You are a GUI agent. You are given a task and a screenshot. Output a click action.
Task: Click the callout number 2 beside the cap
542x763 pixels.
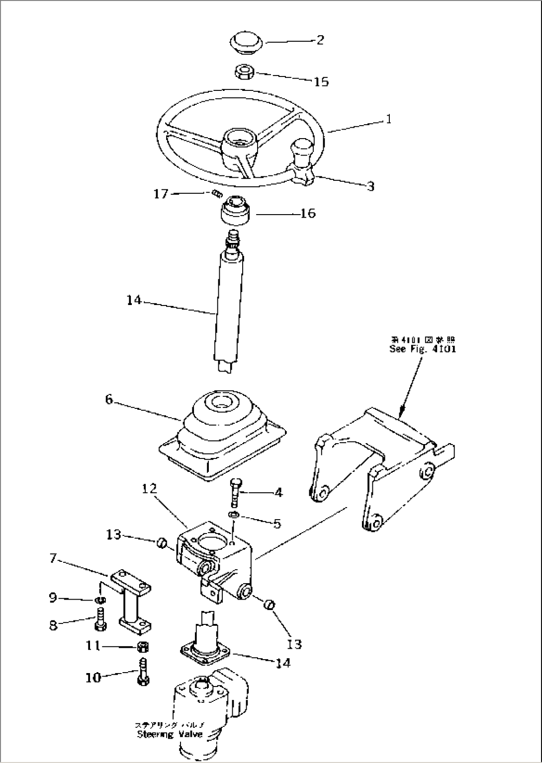[x=320, y=40]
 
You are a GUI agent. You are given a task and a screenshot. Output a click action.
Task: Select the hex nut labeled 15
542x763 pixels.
[x=245, y=72]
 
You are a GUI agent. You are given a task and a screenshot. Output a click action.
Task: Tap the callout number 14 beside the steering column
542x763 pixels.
[x=134, y=300]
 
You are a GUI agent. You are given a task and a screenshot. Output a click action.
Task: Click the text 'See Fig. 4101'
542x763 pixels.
[x=423, y=349]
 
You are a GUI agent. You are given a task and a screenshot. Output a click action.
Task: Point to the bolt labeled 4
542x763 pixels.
[x=235, y=492]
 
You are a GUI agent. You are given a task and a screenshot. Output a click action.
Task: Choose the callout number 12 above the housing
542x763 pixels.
[x=149, y=489]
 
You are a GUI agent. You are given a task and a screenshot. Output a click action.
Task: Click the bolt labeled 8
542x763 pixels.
[x=101, y=622]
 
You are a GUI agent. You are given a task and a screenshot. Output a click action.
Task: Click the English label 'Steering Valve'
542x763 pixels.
[x=170, y=734]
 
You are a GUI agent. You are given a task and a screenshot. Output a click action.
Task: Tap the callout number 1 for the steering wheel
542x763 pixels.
[x=388, y=119]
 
